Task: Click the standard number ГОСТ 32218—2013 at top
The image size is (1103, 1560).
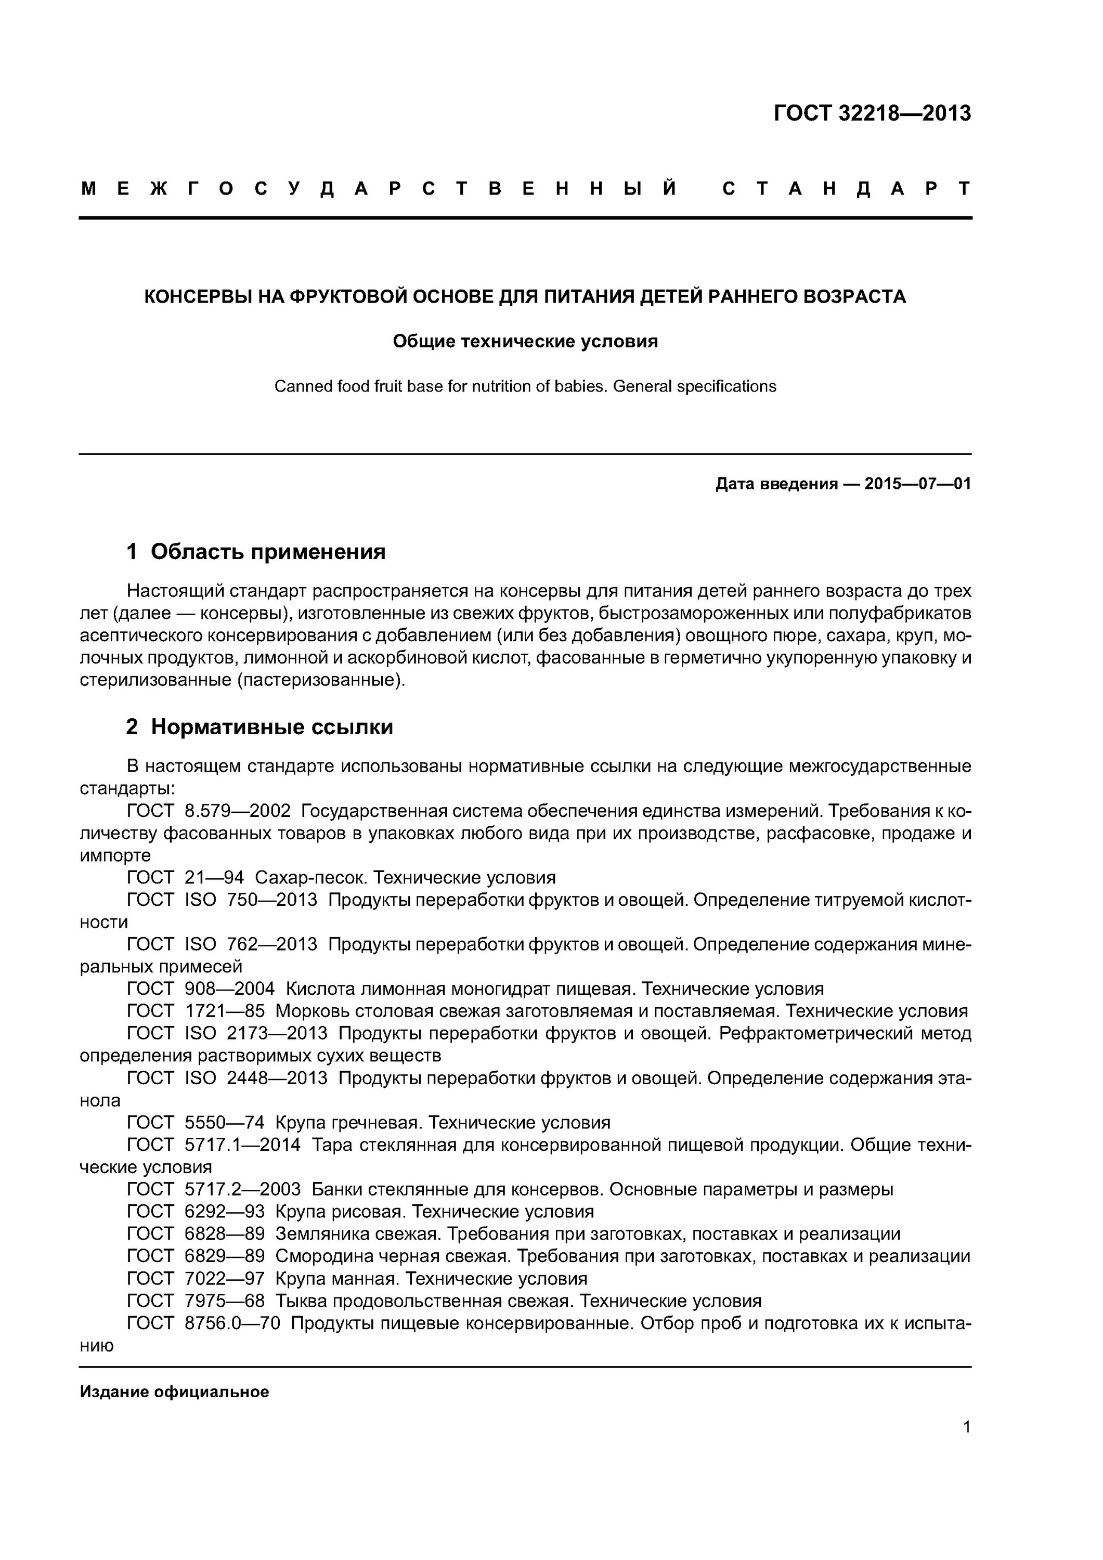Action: [872, 113]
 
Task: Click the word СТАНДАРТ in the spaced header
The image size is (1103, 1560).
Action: [847, 189]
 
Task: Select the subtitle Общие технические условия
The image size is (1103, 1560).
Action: [525, 341]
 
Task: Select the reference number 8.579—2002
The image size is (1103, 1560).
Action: [237, 811]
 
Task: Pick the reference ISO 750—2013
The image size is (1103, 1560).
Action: [251, 900]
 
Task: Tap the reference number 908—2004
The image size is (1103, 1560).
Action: [230, 989]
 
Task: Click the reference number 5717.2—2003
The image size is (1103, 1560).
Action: [243, 1189]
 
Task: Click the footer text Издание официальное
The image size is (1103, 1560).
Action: [174, 1392]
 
